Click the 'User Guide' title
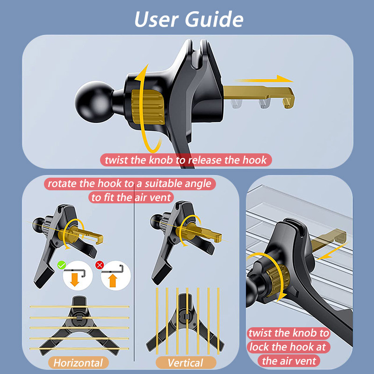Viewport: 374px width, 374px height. click(189, 19)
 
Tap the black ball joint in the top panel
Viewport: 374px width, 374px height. click(95, 102)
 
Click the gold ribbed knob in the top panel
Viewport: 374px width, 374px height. click(148, 107)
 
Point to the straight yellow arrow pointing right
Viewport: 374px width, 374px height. click(264, 79)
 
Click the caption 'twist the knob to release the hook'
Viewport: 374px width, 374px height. click(186, 160)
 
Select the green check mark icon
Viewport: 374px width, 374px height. click(62, 265)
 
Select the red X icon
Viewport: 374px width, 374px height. click(100, 265)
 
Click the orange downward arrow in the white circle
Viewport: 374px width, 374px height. click(75, 280)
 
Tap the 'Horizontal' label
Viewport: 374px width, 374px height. click(78, 363)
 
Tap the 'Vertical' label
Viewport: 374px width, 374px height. click(185, 363)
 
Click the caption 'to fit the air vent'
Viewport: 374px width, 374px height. click(131, 197)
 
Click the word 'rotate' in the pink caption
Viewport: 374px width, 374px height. click(63, 184)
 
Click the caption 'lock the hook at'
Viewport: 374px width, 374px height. click(288, 347)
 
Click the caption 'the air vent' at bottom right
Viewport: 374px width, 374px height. click(289, 361)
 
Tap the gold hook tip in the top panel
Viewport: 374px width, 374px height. click(288, 100)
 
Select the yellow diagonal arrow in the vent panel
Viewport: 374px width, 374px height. click(332, 251)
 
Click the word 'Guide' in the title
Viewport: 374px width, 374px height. click(214, 19)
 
